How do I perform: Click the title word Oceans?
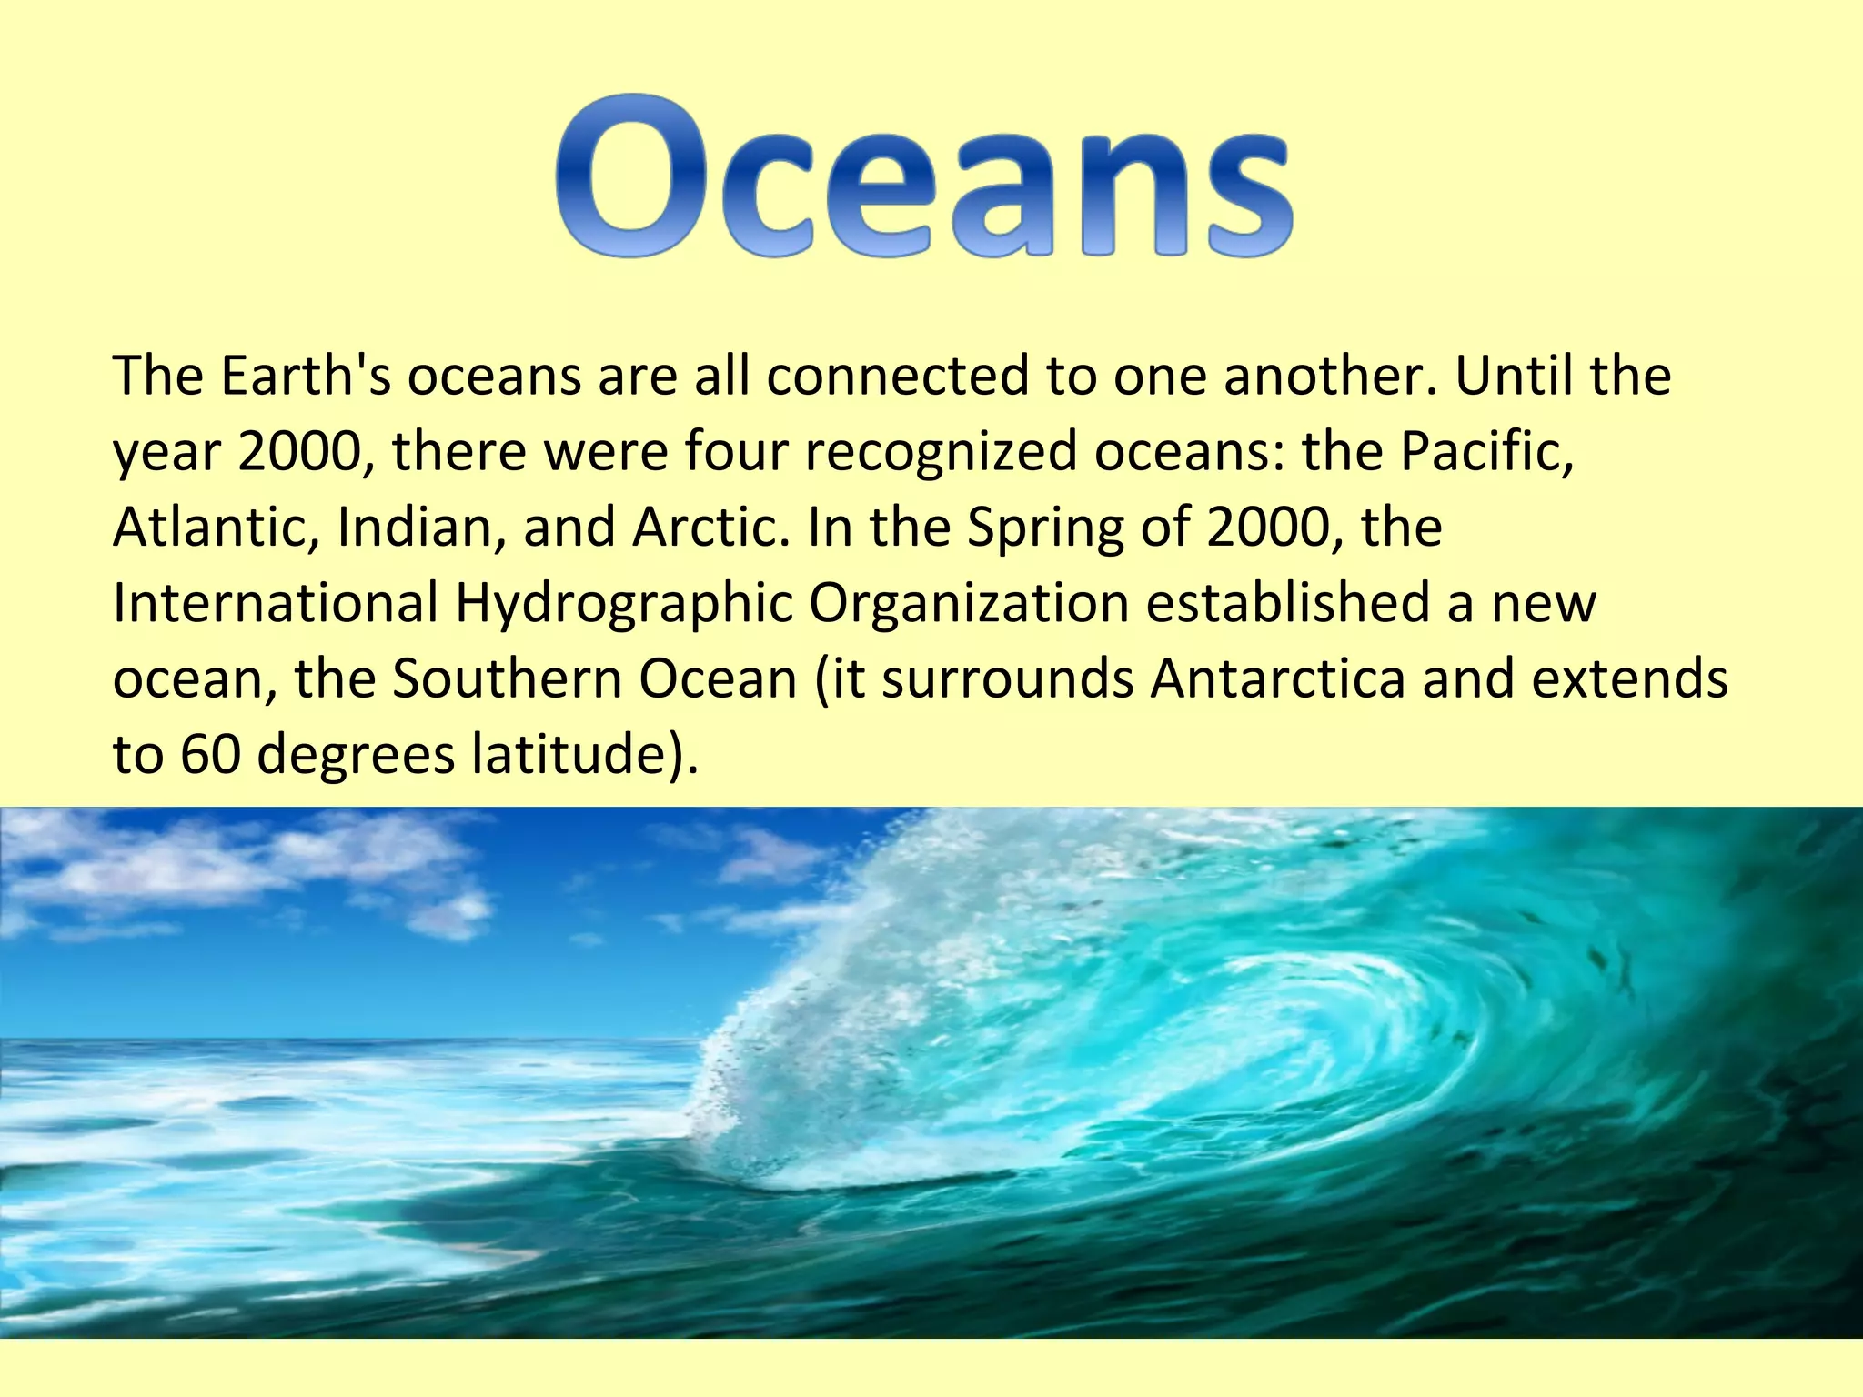[x=923, y=177]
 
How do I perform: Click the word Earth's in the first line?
[x=306, y=376]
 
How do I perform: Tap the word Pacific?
[x=1486, y=451]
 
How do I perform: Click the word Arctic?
[x=710, y=527]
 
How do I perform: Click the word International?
[x=276, y=602]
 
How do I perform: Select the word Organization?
[x=969, y=604]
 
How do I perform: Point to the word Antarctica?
[x=1278, y=678]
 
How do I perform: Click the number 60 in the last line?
[x=210, y=754]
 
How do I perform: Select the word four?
[x=735, y=451]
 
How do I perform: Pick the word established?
[x=1288, y=602]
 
